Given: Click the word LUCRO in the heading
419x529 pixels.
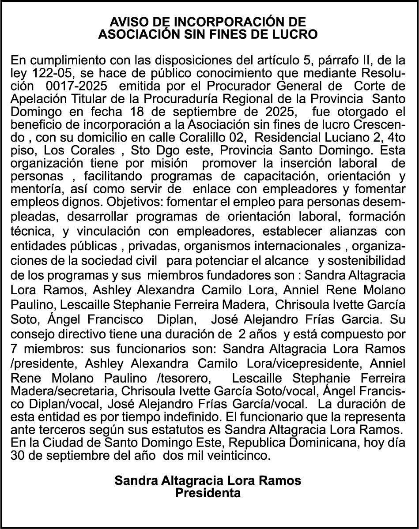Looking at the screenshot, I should pos(297,34).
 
